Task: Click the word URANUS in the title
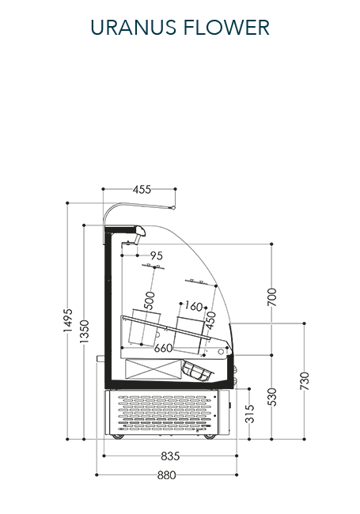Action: pyautogui.click(x=134, y=27)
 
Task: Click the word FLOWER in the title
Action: pyautogui.click(x=226, y=27)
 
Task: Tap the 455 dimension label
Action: pyautogui.click(x=142, y=190)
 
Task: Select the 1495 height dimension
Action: pyautogui.click(x=68, y=320)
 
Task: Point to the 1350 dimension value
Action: pyautogui.click(x=84, y=331)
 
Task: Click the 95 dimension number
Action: pyautogui.click(x=157, y=255)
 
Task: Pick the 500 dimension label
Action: pyautogui.click(x=150, y=300)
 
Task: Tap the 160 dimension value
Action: pyautogui.click(x=194, y=306)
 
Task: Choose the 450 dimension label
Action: pyautogui.click(x=210, y=320)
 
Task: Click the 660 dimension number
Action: pyautogui.click(x=163, y=348)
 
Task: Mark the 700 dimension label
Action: pyautogui.click(x=272, y=297)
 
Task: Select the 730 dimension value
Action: pyautogui.click(x=305, y=381)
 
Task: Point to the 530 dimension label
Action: pyautogui.click(x=272, y=397)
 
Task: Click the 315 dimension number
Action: pyautogui.click(x=250, y=414)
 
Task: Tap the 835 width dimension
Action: pyautogui.click(x=170, y=456)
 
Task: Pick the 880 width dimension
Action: pyautogui.click(x=167, y=475)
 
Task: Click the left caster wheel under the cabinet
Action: pyautogui.click(x=118, y=437)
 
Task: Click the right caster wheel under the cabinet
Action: pyautogui.click(x=210, y=437)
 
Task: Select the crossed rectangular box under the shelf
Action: pyautogui.click(x=153, y=369)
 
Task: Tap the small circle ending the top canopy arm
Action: pyautogui.click(x=174, y=207)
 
